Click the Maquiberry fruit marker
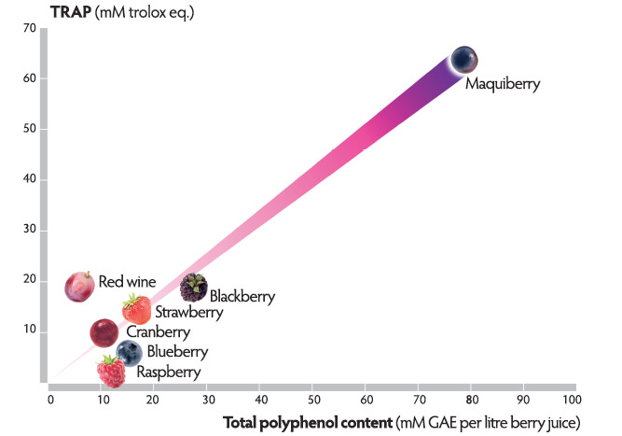(464, 60)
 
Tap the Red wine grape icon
(80, 285)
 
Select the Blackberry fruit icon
(193, 287)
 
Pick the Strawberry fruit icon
(136, 309)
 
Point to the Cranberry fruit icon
(104, 331)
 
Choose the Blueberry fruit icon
(130, 353)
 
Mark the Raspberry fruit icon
(111, 373)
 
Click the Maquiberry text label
(503, 84)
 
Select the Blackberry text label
(242, 297)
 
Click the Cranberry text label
(158, 332)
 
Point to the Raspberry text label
(169, 373)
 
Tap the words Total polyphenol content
(309, 424)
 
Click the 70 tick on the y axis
(30, 29)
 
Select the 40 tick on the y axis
(30, 179)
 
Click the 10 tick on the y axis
(30, 331)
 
